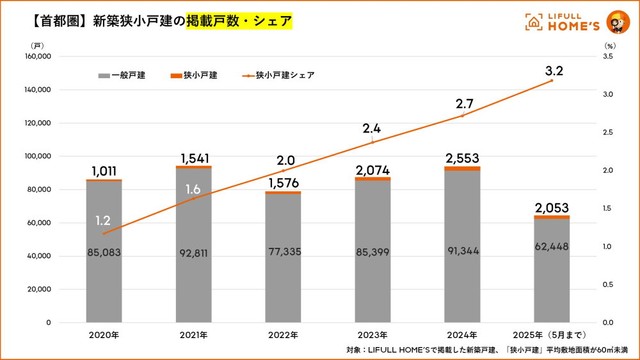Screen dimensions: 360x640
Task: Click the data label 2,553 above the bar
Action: [x=463, y=157]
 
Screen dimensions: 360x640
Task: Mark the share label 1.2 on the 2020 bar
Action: [x=103, y=219]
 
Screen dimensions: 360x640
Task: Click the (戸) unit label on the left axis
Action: [x=37, y=45]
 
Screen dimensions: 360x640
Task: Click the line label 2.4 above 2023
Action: [x=372, y=128]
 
